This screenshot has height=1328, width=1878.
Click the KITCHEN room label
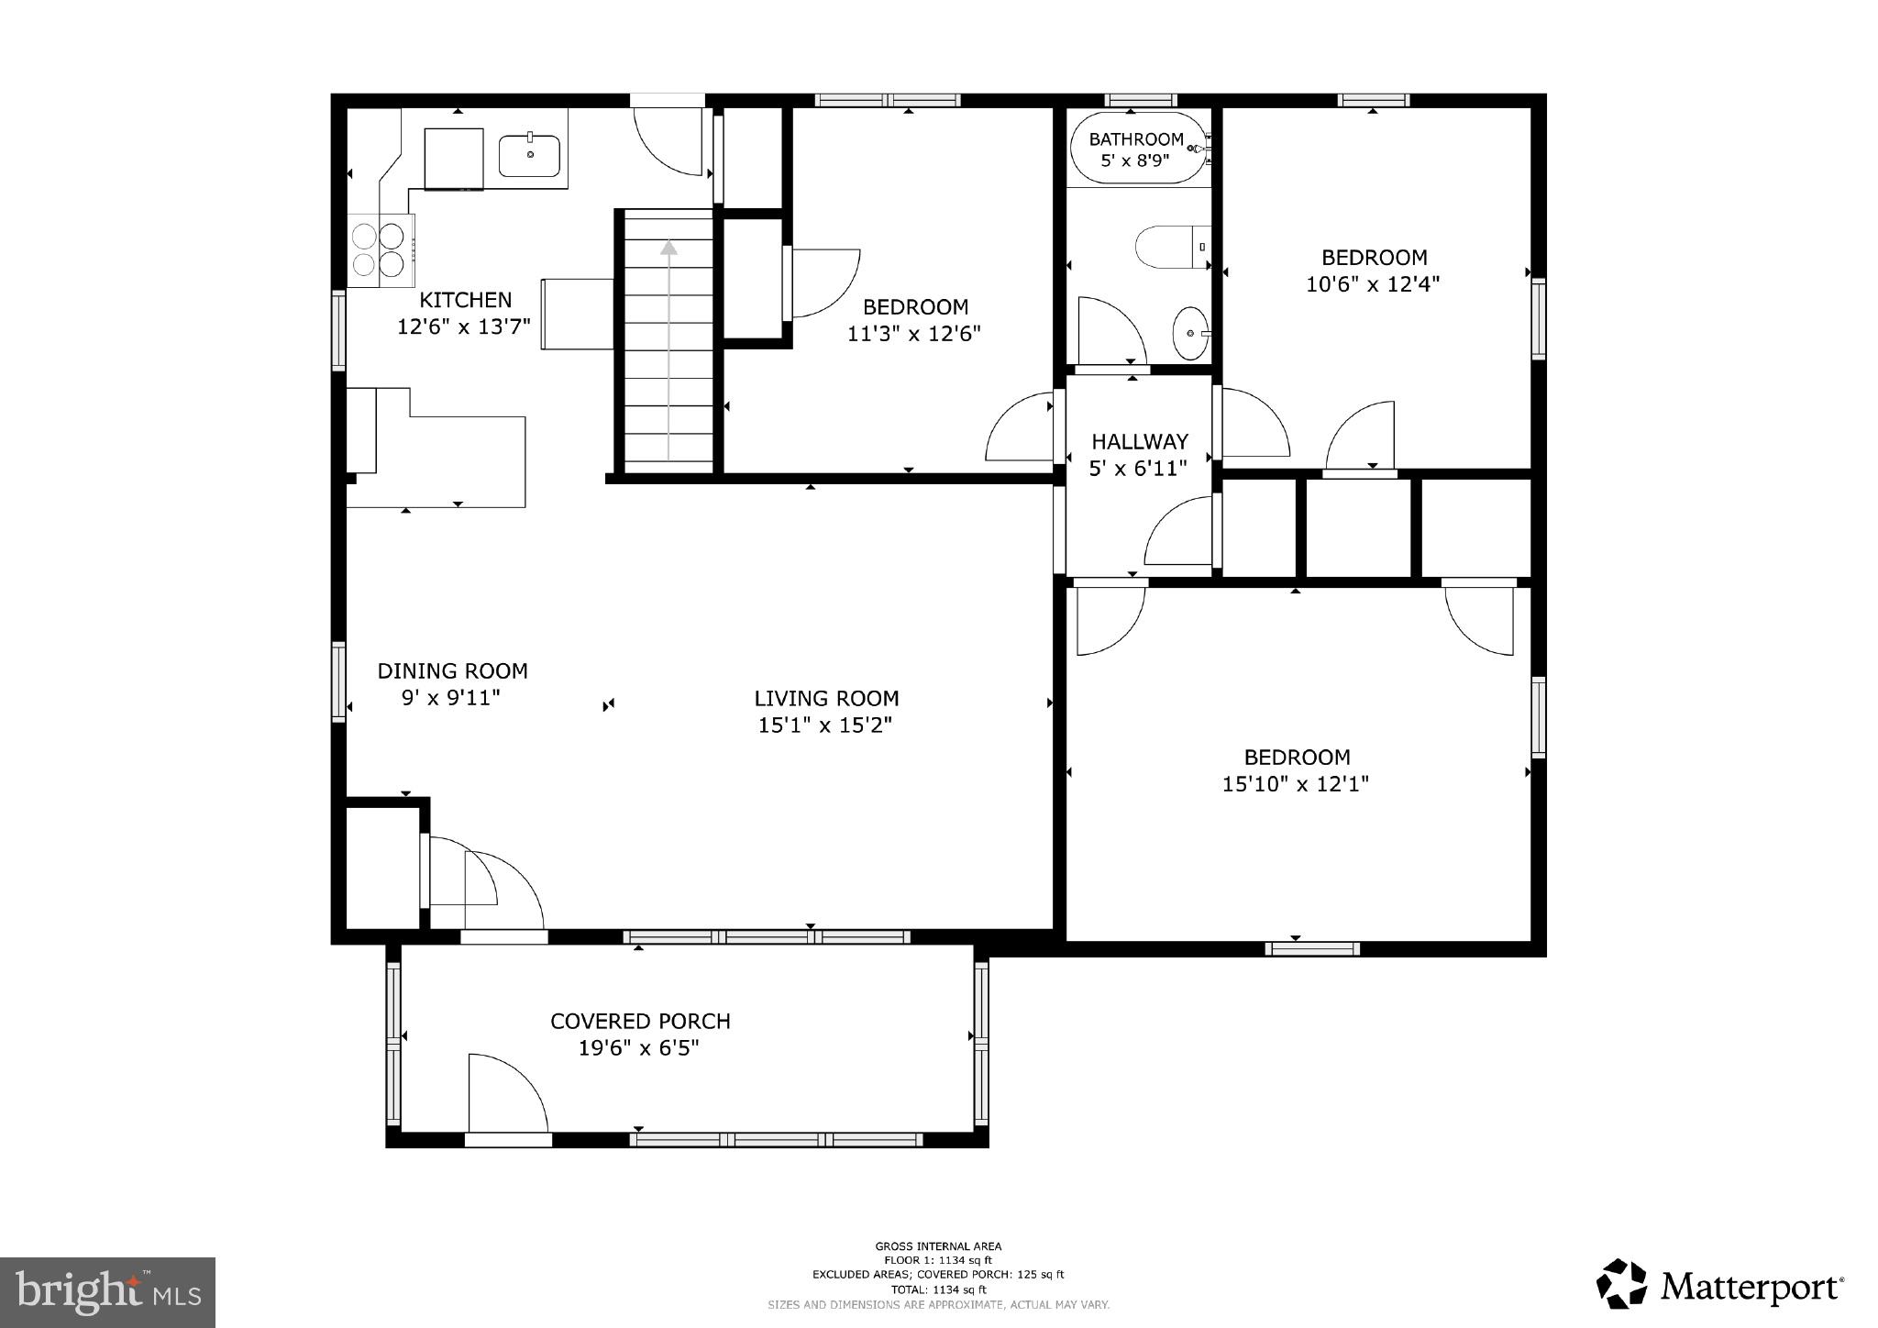[x=465, y=300]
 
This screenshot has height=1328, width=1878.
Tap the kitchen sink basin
[x=529, y=155]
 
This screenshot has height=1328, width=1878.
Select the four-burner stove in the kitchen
[x=380, y=250]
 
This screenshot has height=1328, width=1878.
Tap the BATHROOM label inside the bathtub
[x=1135, y=139]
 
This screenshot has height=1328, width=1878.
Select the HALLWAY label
[x=1139, y=441]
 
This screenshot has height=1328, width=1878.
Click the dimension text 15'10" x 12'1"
[x=1295, y=784]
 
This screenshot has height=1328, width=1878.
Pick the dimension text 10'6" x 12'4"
[x=1373, y=284]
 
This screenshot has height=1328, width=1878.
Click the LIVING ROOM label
[x=826, y=699]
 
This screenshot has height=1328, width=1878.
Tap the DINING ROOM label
[x=452, y=671]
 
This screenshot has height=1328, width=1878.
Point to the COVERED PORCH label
[x=640, y=1022]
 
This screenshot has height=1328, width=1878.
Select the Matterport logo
[x=1720, y=1287]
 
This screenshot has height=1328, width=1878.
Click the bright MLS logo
[x=107, y=1292]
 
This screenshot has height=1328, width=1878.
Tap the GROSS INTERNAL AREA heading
[x=938, y=1245]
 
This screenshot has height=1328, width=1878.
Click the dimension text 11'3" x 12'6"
[x=913, y=334]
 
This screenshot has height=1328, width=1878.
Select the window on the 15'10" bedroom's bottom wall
[x=1311, y=949]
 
